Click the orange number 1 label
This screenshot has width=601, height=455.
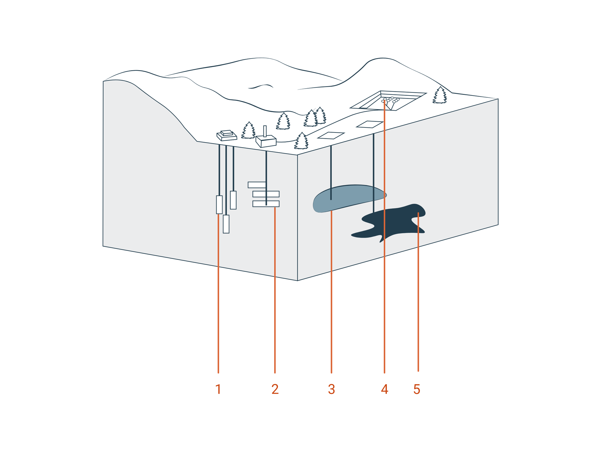pyautogui.click(x=218, y=389)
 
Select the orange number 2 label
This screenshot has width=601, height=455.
pyautogui.click(x=275, y=389)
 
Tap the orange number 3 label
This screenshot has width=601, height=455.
pyautogui.click(x=331, y=389)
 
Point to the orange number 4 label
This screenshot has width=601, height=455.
pyautogui.click(x=384, y=389)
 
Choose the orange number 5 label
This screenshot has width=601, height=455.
pyautogui.click(x=417, y=389)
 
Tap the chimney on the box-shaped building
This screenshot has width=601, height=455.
pyautogui.click(x=265, y=131)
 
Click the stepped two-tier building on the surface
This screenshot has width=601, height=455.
pyautogui.click(x=227, y=135)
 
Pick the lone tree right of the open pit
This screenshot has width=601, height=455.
pyautogui.click(x=440, y=96)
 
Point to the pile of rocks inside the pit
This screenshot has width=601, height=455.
pyautogui.click(x=390, y=100)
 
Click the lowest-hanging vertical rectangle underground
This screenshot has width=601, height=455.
pyautogui.click(x=226, y=224)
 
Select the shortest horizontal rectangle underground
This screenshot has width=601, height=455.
pyautogui.click(x=257, y=185)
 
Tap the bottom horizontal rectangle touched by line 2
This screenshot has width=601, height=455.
pyautogui.click(x=266, y=204)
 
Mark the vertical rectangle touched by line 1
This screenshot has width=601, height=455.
pyautogui.click(x=219, y=205)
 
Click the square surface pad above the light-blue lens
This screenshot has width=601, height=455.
pyautogui.click(x=331, y=135)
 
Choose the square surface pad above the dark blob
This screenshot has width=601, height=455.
pyautogui.click(x=370, y=124)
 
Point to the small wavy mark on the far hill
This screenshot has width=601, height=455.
pyautogui.click(x=261, y=86)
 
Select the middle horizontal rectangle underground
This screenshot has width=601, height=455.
pyautogui.click(x=266, y=194)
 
